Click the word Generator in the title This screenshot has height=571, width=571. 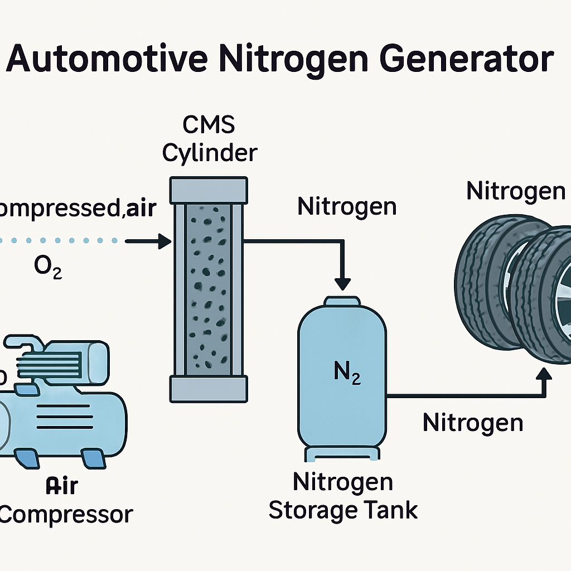tap(467, 58)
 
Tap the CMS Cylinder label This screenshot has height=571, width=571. tap(210, 139)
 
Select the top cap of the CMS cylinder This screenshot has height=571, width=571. tap(209, 190)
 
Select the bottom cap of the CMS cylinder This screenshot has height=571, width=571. tap(209, 389)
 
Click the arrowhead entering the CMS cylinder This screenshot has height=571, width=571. tap(164, 241)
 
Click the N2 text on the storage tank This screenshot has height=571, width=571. tap(347, 372)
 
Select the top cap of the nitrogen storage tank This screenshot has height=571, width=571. tap(342, 301)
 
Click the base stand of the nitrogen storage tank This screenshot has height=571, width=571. tap(342, 454)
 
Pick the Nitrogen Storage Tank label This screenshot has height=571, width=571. tap(343, 496)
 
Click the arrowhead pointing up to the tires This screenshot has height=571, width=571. tap(545, 374)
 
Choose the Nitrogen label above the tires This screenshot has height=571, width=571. tap(516, 192)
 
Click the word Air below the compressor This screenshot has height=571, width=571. tap(62, 486)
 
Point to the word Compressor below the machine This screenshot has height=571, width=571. tap(66, 515)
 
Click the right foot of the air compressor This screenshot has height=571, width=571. tap(94, 459)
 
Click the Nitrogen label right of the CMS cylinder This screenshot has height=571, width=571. tap(347, 207)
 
